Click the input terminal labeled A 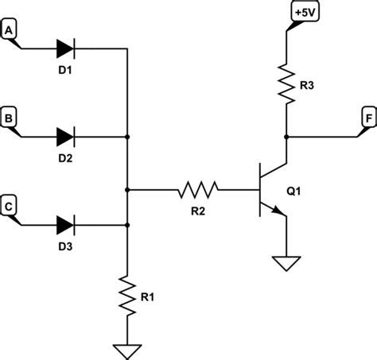pos(10,31)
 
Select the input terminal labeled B pos(10,120)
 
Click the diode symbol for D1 pos(65,48)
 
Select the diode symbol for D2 pos(65,137)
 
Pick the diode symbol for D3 pos(65,225)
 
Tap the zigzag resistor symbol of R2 pos(196,190)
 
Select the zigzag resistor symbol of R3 pos(284,82)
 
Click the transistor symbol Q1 pos(269,190)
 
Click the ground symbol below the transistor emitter pos(284,263)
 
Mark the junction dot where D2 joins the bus pos(127,137)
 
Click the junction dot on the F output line pos(284,137)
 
